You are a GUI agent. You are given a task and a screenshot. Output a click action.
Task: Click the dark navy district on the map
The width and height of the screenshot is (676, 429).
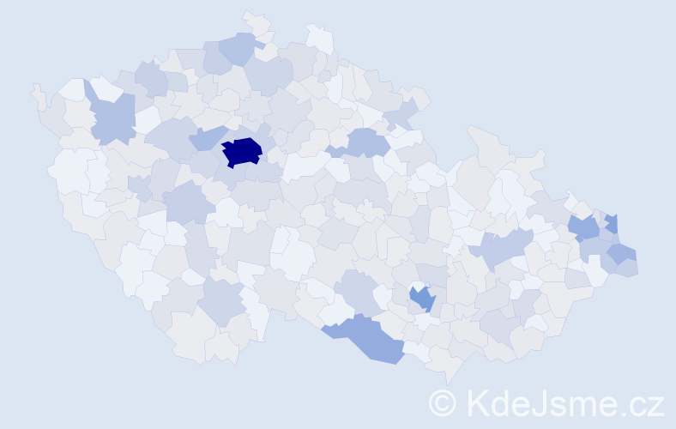242,152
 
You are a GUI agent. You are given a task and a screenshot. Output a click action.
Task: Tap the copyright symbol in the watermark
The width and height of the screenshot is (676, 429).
443,403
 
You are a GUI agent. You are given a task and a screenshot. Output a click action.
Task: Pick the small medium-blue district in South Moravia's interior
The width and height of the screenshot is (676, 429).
422,299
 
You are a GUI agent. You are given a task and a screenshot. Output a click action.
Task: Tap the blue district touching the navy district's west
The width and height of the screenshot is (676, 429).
206,137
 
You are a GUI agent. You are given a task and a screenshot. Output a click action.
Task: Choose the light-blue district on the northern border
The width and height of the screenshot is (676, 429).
240,47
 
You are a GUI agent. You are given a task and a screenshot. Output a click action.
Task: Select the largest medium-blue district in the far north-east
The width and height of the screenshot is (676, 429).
584,227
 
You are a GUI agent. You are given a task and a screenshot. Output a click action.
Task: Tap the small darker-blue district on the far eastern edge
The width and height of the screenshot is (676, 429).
612,222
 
